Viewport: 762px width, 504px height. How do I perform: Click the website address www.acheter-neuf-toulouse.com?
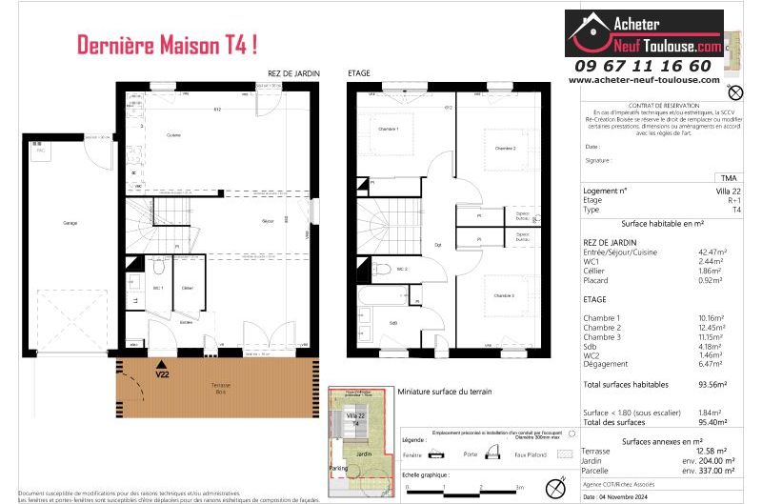pos(644,80)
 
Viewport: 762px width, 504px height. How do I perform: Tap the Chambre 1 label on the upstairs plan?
pos(388,129)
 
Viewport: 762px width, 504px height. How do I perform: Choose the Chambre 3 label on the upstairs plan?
pos(504,296)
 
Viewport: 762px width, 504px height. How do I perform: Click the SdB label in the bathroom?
pos(392,323)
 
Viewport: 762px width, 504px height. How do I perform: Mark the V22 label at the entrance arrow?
pos(163,373)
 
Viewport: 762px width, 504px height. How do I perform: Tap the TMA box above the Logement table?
pos(729,178)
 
